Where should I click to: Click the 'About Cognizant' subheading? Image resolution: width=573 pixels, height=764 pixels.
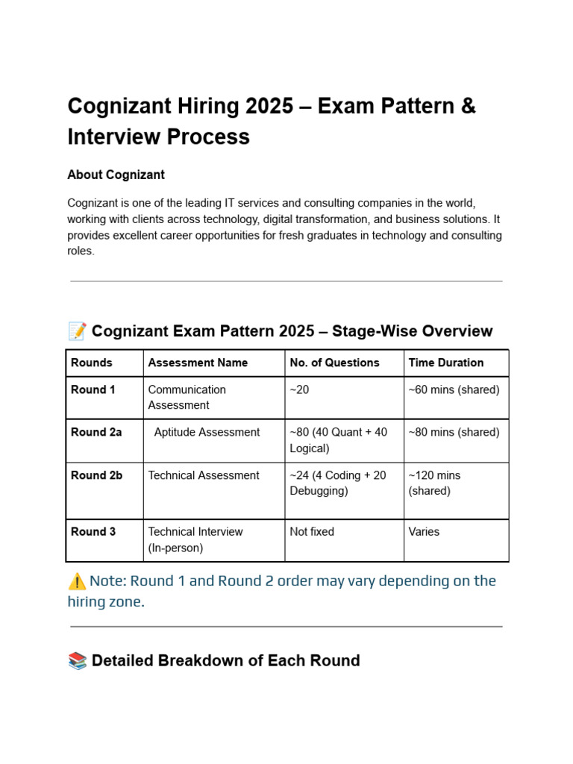(116, 175)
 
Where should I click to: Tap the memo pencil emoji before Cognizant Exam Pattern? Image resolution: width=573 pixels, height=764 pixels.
(77, 331)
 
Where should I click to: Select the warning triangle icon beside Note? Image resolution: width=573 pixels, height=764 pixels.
(77, 580)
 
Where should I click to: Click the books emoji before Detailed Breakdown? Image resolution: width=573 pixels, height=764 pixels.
(77, 660)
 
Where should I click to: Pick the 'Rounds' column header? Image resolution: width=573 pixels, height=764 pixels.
(92, 363)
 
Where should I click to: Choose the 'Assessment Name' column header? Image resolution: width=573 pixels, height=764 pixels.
(198, 363)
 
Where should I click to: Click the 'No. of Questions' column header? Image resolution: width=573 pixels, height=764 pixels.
(334, 363)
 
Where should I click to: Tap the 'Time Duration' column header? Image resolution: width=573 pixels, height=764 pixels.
(446, 363)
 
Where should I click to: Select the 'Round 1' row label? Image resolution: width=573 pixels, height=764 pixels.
(93, 389)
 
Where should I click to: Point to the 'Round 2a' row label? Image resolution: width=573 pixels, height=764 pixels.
(96, 432)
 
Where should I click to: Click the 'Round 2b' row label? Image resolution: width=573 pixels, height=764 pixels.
(96, 475)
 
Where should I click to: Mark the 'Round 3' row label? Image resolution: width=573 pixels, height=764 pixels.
(93, 532)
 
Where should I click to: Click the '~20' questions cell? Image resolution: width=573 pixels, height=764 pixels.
(299, 389)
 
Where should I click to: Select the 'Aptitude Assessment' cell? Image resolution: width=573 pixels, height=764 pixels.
(207, 432)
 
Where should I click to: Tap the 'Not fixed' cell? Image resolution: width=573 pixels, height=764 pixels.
(312, 532)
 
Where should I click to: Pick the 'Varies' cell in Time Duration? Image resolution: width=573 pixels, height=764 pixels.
(425, 532)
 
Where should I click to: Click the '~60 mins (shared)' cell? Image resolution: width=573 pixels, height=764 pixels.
(454, 389)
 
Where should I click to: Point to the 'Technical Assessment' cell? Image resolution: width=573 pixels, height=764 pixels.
(204, 475)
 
